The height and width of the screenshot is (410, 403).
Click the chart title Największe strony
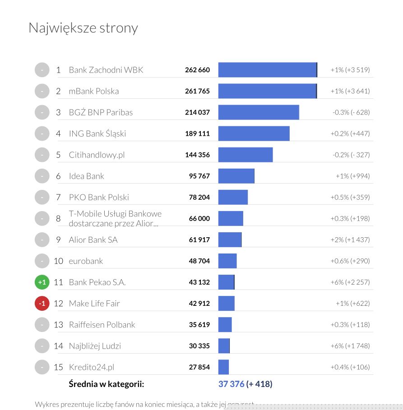tap(83, 28)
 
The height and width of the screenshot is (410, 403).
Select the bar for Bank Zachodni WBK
tap(268, 70)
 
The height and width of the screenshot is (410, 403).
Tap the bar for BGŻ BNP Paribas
tap(259, 112)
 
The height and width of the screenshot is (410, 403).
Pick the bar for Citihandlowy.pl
tap(246, 155)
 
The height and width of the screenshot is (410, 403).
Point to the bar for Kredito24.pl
tap(223, 367)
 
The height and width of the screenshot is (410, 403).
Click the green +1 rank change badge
tap(42, 282)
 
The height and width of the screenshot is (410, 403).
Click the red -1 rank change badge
tap(42, 304)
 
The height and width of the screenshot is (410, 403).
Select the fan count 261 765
tap(197, 91)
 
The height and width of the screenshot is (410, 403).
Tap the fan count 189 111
tap(197, 134)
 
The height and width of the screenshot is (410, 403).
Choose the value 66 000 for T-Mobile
tap(199, 218)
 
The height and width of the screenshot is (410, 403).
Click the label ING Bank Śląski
tap(97, 134)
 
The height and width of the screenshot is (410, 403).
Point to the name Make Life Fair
tap(94, 304)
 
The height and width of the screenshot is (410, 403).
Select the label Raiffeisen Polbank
tap(102, 325)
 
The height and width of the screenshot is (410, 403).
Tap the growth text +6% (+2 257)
tap(350, 282)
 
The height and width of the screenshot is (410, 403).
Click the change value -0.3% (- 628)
tap(351, 112)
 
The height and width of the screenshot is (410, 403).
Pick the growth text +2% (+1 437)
tap(350, 240)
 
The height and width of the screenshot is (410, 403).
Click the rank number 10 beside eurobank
tap(58, 261)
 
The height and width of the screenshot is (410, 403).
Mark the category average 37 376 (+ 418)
tap(245, 384)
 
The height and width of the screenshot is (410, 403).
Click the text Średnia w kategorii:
tap(106, 384)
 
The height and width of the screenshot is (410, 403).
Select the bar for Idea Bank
tap(236, 176)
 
